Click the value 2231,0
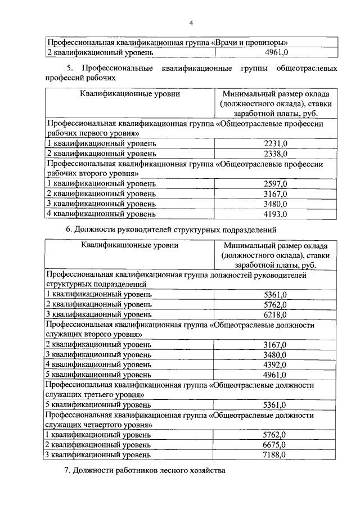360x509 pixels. pos(276,143)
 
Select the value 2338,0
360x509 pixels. pos(276,153)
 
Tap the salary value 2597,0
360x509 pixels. pos(276,184)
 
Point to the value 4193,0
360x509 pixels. pos(276,214)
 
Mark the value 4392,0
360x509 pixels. pos(276,364)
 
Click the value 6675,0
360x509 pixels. pos(276,444)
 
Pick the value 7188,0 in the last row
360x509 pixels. pos(276,454)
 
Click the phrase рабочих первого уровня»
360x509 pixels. pos(93,134)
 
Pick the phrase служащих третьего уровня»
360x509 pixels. pos(96,395)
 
